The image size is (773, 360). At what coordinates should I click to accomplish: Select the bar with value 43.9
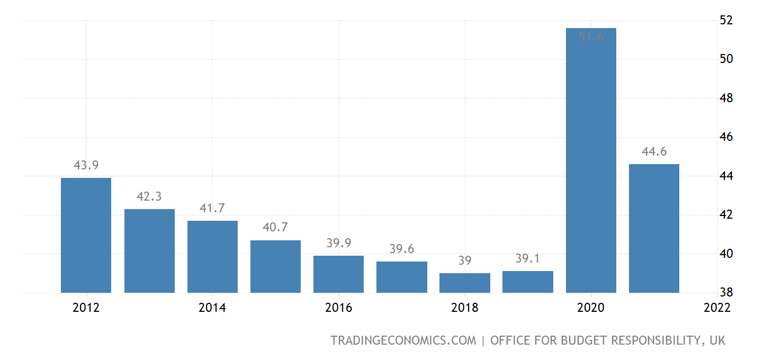(x=86, y=235)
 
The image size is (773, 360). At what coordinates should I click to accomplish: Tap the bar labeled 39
(x=465, y=283)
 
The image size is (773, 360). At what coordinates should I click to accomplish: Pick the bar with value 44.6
(x=654, y=228)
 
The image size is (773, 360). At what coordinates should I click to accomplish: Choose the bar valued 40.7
(x=275, y=266)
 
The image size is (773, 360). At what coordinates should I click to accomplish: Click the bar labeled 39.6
(x=402, y=277)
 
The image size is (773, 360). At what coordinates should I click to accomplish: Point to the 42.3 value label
(x=149, y=196)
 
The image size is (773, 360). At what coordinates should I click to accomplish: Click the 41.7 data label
(x=212, y=208)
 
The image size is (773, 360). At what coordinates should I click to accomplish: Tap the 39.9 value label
(x=339, y=243)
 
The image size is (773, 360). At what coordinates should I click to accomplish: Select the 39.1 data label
(x=528, y=258)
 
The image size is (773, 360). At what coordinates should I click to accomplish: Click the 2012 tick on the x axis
(x=86, y=308)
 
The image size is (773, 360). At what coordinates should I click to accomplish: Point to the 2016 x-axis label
(x=339, y=308)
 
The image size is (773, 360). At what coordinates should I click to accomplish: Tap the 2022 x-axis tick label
(x=717, y=308)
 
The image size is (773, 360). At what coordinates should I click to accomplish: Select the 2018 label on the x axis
(x=465, y=308)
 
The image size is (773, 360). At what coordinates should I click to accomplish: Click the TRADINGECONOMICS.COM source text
(x=403, y=340)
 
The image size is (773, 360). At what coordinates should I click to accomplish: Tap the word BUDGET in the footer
(x=580, y=340)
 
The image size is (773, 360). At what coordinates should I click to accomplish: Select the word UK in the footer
(x=717, y=340)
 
